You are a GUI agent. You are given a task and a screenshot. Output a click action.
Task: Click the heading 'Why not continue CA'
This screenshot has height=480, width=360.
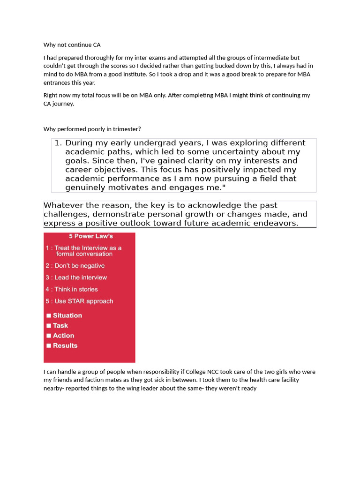pyautogui.click(x=72, y=45)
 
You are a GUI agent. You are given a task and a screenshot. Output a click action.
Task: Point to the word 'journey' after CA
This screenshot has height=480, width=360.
pyautogui.click(x=63, y=104)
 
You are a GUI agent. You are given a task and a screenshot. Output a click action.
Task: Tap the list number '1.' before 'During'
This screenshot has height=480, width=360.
pyautogui.click(x=58, y=143)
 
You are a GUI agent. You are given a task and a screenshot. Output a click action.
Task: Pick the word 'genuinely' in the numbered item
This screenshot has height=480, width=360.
pyautogui.click(x=86, y=187)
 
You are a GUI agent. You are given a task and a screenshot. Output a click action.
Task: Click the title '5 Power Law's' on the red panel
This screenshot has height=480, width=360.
pyautogui.click(x=90, y=236)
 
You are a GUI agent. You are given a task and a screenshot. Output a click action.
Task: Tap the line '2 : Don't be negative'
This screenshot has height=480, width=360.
pyautogui.click(x=75, y=266)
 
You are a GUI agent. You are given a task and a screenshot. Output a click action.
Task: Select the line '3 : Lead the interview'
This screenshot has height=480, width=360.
pyautogui.click(x=76, y=277)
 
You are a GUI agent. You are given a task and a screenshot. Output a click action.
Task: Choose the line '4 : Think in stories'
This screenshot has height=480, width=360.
pyautogui.click(x=72, y=289)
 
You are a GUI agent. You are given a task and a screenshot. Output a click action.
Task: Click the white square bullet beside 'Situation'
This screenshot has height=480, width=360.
pyautogui.click(x=49, y=316)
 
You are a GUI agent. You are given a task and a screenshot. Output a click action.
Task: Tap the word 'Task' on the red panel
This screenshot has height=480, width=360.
pyautogui.click(x=60, y=326)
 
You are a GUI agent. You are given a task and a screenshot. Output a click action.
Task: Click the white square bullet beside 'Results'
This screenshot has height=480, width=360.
pyautogui.click(x=49, y=346)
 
